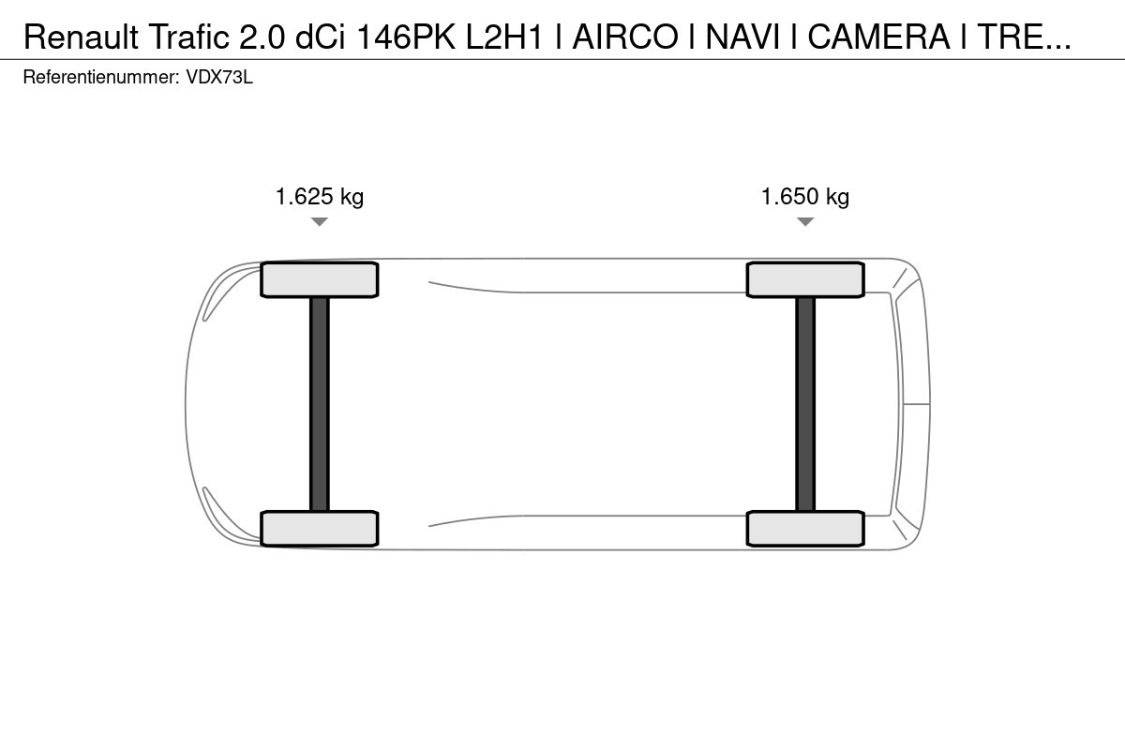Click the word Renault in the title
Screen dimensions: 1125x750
coord(81,37)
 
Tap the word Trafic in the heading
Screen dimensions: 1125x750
coord(188,37)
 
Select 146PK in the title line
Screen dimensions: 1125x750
coord(406,37)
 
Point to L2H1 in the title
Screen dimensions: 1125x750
coord(504,37)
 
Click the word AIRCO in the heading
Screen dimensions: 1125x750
coord(625,37)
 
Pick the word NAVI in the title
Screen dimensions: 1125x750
coord(742,37)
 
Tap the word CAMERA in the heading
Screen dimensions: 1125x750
coord(879,37)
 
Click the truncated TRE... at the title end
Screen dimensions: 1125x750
coord(1025,37)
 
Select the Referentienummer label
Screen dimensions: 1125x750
coord(101,78)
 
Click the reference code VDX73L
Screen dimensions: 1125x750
coord(219,78)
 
